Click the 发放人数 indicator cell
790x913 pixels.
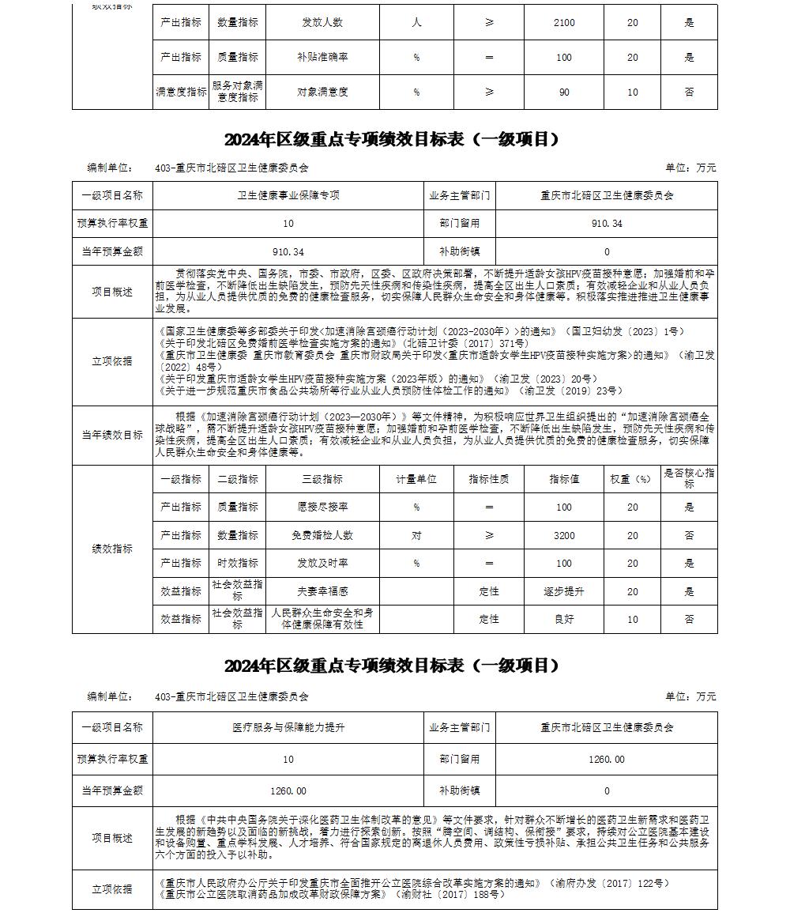click(322, 23)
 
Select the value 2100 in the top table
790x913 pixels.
click(564, 23)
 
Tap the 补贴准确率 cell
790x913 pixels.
click(322, 58)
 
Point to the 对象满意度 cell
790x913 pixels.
click(322, 92)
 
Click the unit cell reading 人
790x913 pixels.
click(416, 23)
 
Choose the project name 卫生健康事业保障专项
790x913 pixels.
click(288, 195)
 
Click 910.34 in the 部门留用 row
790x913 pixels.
click(607, 224)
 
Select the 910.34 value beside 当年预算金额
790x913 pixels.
click(288, 252)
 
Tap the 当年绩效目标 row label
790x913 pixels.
click(112, 435)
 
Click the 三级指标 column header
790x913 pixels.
click(322, 479)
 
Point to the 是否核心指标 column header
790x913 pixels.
click(689, 478)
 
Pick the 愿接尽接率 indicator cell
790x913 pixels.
click(322, 507)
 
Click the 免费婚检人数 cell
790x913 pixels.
click(322, 535)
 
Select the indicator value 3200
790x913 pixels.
click(564, 535)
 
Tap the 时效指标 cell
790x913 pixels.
click(238, 564)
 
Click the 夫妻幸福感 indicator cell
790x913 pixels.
click(322, 591)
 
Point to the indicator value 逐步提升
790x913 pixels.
click(564, 591)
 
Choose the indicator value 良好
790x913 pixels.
click(564, 620)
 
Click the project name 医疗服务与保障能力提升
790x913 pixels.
click(288, 727)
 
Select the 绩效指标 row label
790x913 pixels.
click(112, 549)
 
